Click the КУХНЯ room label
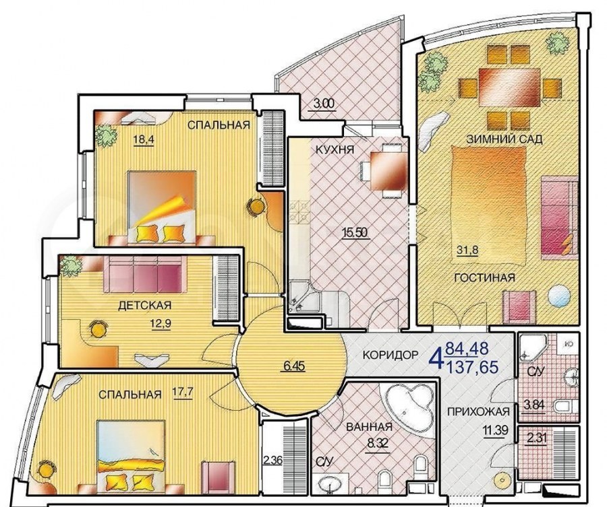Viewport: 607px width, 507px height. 335,149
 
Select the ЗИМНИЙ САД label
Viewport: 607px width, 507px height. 504,139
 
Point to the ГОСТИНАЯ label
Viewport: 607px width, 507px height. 485,277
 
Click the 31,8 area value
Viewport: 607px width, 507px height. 467,250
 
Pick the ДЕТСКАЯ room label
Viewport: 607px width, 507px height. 144,305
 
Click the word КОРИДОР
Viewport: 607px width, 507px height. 391,354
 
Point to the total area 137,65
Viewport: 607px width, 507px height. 472,367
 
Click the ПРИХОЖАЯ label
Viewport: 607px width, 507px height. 478,412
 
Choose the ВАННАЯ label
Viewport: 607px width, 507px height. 370,427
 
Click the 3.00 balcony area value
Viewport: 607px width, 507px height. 321,104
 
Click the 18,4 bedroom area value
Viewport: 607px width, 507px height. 144,139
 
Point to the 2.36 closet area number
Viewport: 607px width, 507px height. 273,460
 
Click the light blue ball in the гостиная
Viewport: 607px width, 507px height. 559,296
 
